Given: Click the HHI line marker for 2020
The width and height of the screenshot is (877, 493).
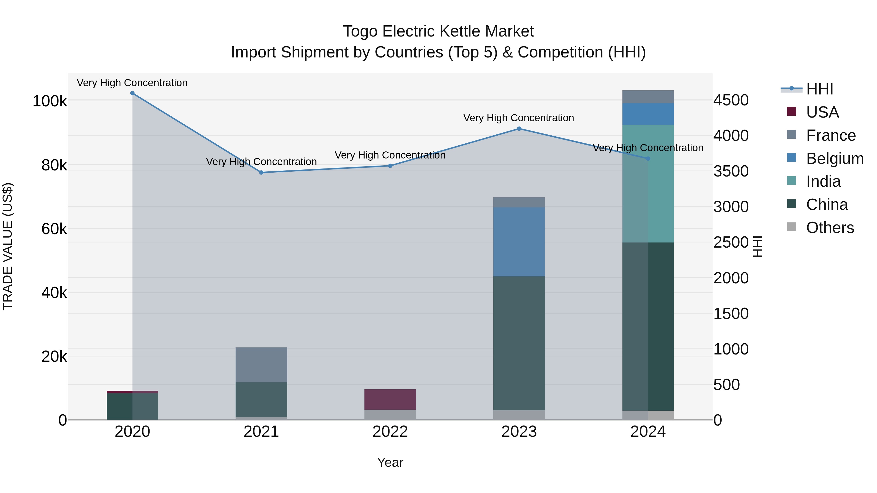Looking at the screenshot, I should [133, 93].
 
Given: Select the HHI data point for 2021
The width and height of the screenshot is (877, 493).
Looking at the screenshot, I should [261, 173].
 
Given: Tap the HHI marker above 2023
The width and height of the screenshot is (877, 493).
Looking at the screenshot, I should [519, 129].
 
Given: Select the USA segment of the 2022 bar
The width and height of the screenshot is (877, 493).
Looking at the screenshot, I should [390, 400].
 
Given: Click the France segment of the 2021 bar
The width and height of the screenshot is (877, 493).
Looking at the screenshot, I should [261, 364].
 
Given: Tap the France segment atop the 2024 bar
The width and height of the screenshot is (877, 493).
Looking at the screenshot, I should [648, 97].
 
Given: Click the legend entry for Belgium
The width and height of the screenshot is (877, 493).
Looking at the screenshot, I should [834, 158].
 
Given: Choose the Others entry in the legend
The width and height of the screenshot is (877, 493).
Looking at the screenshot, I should [830, 228].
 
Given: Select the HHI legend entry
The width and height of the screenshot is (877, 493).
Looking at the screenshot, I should [820, 89].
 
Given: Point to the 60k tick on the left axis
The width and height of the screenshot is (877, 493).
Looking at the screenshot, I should [54, 229].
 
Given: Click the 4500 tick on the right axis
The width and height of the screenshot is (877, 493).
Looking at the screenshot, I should [731, 100].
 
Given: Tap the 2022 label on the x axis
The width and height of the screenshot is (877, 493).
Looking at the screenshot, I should [390, 432].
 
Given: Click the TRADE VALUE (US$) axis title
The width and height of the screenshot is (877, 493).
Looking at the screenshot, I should [8, 246].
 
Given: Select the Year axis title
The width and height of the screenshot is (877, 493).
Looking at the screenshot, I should [390, 462].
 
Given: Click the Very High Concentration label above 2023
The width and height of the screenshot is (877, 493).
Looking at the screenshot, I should [518, 118].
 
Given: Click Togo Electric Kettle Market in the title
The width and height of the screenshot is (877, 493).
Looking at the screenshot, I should [438, 31].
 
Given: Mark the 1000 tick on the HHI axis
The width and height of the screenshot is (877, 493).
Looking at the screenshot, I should [731, 349].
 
